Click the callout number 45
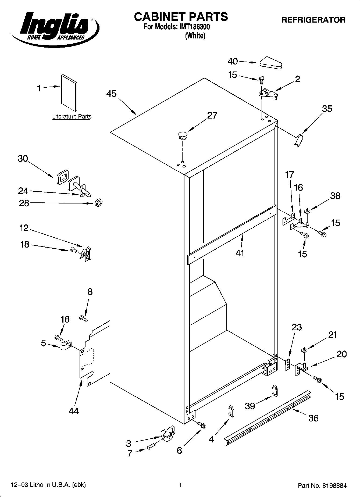click(x=111, y=94)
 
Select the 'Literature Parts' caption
click(x=72, y=117)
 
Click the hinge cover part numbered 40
click(x=270, y=63)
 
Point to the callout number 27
click(x=212, y=116)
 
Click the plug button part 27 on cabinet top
click(x=182, y=135)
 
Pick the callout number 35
click(x=327, y=109)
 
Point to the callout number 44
click(x=74, y=411)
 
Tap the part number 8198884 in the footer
click(x=333, y=485)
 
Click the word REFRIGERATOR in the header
click(x=313, y=20)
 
